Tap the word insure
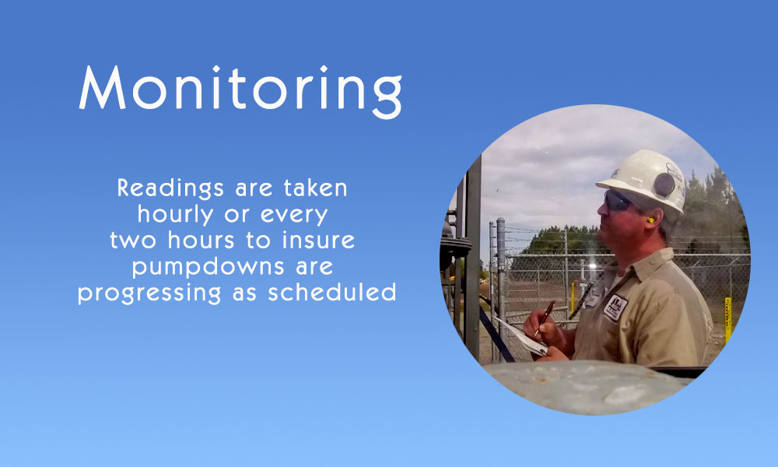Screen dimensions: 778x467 [318, 240]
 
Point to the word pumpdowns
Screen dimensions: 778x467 [209, 268]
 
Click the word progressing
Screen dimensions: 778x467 [149, 293]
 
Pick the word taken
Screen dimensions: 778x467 [316, 188]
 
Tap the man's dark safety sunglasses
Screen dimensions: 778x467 [616, 201]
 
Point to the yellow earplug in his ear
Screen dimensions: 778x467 [650, 219]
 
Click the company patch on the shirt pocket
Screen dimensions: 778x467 [615, 307]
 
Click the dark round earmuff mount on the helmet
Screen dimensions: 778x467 [664, 185]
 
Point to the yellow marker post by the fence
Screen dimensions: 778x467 [728, 320]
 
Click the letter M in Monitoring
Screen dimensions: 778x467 [102, 87]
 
